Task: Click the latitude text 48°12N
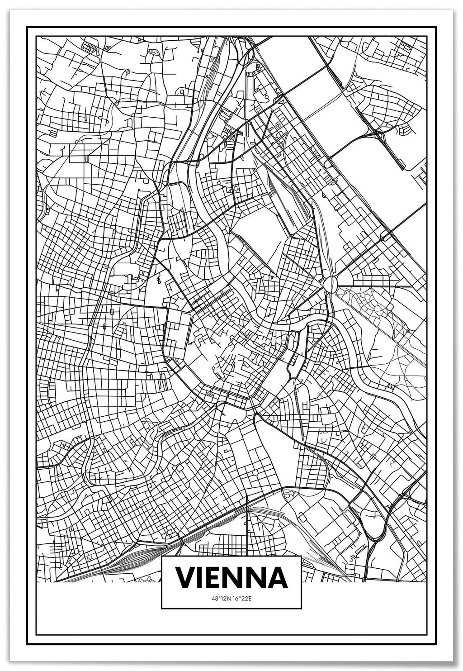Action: [221, 598]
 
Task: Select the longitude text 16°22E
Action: [241, 598]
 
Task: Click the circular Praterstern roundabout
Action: [330, 284]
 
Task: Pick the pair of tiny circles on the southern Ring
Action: [211, 394]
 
